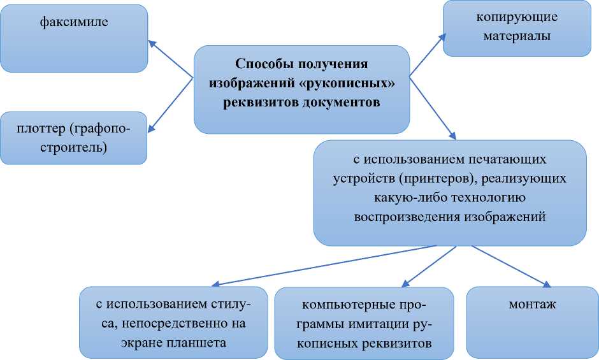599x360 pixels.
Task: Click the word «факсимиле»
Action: point(74,23)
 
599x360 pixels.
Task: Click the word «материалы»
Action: point(508,36)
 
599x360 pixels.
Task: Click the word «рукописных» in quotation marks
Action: point(350,83)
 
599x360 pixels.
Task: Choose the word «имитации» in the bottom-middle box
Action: point(368,324)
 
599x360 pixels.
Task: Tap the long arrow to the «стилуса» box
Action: point(319,266)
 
